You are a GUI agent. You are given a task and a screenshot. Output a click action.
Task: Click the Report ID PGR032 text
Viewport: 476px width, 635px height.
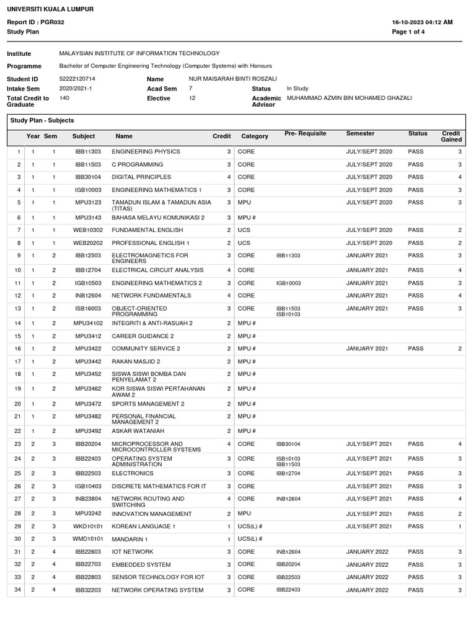pyautogui.click(x=35, y=22)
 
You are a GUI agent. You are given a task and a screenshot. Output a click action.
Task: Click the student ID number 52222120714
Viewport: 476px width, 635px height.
pyautogui.click(x=77, y=79)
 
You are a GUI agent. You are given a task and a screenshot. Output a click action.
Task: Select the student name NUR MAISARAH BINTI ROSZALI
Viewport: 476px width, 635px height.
pyautogui.click(x=233, y=79)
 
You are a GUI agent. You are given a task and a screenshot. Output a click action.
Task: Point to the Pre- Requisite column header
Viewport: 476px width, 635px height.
pyautogui.click(x=305, y=133)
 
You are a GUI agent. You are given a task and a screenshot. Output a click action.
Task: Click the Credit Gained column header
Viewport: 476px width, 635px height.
pyautogui.click(x=451, y=136)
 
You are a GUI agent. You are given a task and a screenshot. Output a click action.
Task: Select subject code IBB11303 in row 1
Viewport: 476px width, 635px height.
pyautogui.click(x=84, y=152)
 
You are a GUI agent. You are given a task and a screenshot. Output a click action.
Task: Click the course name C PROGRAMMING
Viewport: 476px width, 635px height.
pyautogui.click(x=138, y=164)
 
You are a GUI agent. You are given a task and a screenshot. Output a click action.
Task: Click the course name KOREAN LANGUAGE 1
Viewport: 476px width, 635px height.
pyautogui.click(x=144, y=526)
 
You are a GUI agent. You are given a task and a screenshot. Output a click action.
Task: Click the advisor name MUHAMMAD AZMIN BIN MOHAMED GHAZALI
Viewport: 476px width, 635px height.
pyautogui.click(x=349, y=98)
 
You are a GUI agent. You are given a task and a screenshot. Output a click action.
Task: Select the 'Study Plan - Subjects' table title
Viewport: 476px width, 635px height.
pyautogui.click(x=43, y=120)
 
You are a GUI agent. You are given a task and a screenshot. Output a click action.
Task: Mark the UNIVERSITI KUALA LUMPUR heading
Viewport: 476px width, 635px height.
pyautogui.click(x=50, y=9)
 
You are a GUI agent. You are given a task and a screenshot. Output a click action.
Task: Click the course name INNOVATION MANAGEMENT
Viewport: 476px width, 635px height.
pyautogui.click(x=152, y=514)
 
